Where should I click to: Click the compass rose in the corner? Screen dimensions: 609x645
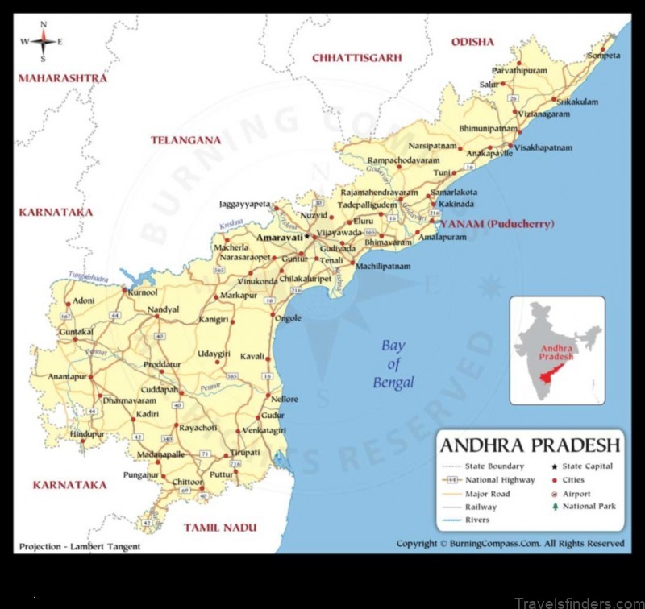click(x=43, y=40)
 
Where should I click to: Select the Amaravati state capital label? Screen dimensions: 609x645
click(x=278, y=238)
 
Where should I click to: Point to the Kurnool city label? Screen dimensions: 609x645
click(x=142, y=292)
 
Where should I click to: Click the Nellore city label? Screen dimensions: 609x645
click(x=285, y=399)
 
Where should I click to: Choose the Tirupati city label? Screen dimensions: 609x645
click(x=245, y=452)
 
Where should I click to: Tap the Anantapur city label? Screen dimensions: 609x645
click(x=66, y=376)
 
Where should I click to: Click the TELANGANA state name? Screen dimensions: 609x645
click(x=185, y=139)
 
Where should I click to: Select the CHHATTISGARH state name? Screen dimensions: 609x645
click(x=356, y=57)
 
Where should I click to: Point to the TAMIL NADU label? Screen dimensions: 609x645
click(x=220, y=528)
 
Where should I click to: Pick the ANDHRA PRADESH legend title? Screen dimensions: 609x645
click(x=530, y=445)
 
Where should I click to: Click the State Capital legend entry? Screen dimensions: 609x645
click(x=588, y=466)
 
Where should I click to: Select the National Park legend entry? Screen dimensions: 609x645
click(x=588, y=506)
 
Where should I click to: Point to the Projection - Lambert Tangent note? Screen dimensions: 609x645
click(x=79, y=546)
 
